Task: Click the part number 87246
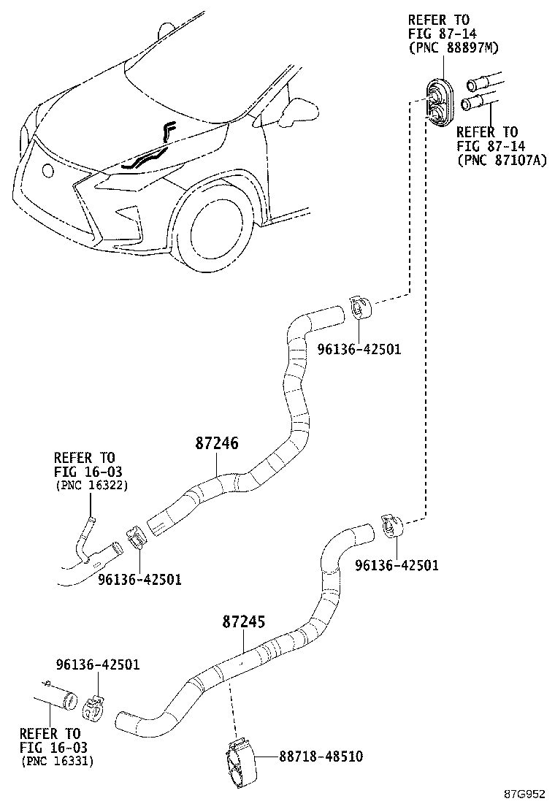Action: click(x=217, y=443)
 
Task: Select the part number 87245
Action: click(x=243, y=622)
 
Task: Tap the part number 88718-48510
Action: click(x=320, y=757)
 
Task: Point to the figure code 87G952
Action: click(x=527, y=794)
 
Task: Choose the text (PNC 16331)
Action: click(x=56, y=761)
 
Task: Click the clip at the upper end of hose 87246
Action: click(x=359, y=307)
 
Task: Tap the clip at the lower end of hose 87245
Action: click(x=93, y=708)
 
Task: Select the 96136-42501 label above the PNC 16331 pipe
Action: click(x=97, y=664)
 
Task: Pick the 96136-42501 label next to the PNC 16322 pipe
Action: click(x=139, y=579)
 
